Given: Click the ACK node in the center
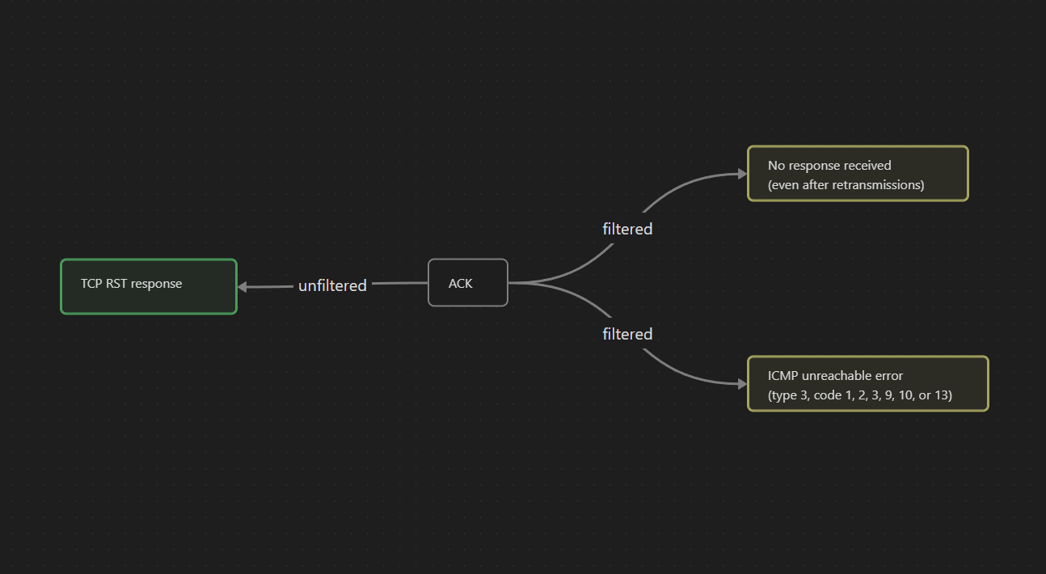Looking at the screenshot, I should tap(467, 283).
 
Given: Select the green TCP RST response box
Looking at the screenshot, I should tap(149, 286).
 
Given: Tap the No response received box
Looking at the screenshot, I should tap(858, 174).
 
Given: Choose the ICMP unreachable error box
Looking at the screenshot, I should tap(867, 383).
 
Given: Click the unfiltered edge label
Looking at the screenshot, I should tap(332, 285).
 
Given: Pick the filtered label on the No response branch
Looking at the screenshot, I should tap(627, 229).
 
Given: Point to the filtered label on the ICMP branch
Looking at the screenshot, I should tap(627, 334).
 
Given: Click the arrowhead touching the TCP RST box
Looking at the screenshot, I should tap(243, 287).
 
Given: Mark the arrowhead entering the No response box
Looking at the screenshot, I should tap(742, 173).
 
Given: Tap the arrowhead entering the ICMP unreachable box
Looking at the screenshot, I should tap(742, 384).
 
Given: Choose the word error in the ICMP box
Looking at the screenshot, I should tap(888, 376).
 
